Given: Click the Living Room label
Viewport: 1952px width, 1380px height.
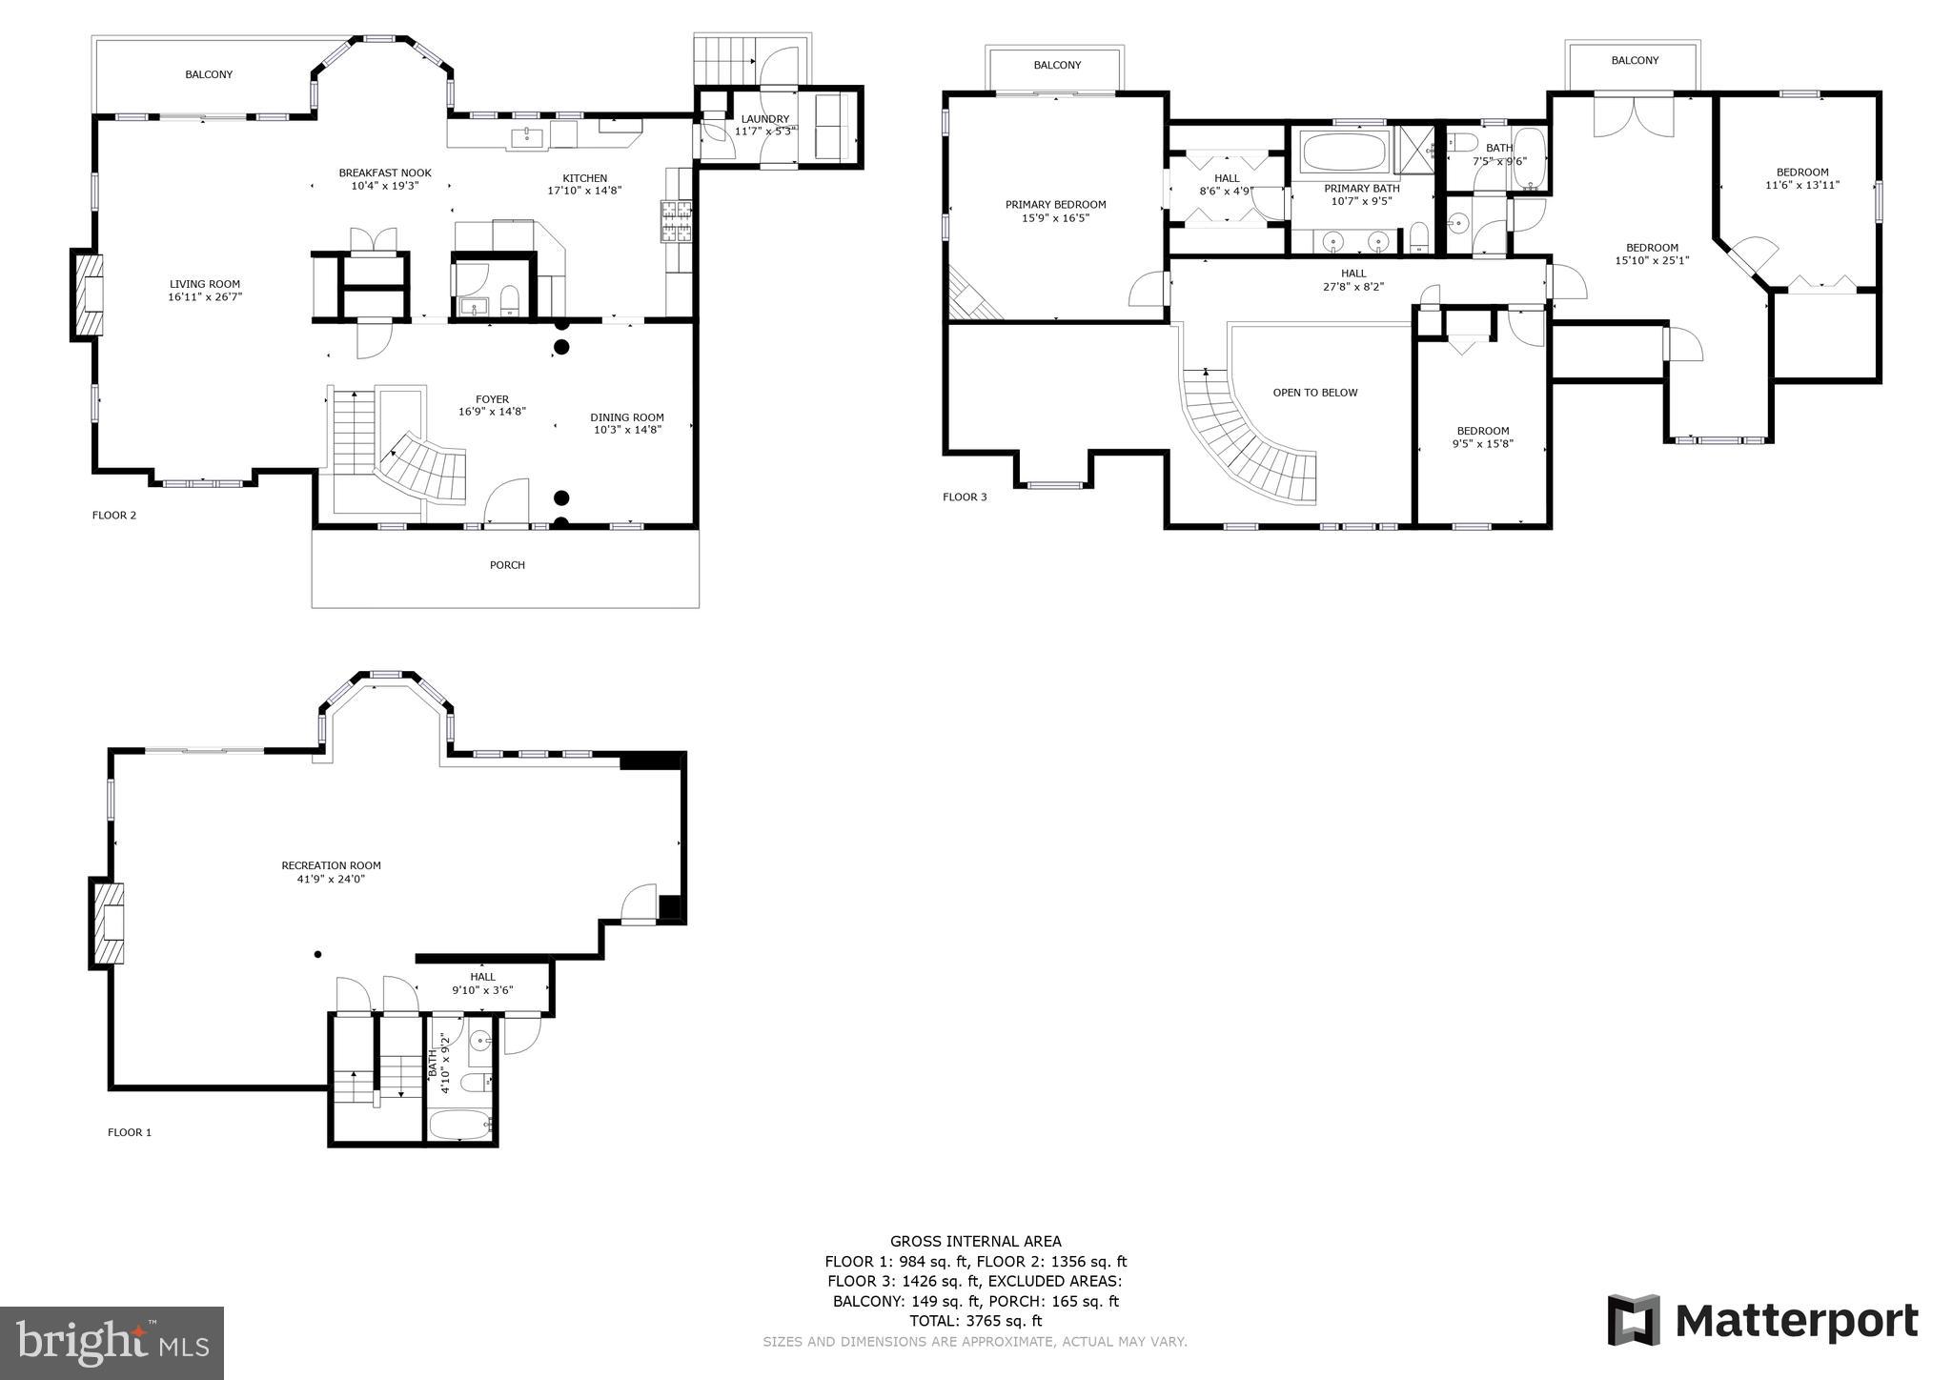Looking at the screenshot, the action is (205, 284).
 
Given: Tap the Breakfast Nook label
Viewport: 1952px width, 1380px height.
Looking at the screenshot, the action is (385, 172).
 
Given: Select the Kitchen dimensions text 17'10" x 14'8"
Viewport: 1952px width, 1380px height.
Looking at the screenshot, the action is (584, 191).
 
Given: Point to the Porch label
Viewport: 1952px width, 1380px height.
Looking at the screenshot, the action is (507, 565).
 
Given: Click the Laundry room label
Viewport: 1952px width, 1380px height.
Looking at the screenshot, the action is (765, 119).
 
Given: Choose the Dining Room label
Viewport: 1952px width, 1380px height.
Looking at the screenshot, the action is (627, 417).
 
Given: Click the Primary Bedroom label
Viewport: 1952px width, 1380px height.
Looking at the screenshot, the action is (1056, 205).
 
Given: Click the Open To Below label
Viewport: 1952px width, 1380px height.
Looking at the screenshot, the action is (1315, 393).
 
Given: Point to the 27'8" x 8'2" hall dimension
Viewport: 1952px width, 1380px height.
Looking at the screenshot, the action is (1353, 286).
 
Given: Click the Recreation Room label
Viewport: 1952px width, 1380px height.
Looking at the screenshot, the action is (331, 865).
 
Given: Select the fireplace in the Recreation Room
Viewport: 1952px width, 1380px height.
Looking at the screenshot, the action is (107, 923).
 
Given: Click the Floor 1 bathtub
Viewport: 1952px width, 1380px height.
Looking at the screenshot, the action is (459, 1125).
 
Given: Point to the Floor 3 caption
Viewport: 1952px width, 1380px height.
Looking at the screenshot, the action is (965, 497).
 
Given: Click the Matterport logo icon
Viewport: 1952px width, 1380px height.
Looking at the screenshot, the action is (1634, 1321).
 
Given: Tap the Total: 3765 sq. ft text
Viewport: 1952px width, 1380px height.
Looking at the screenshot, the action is (975, 1321).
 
